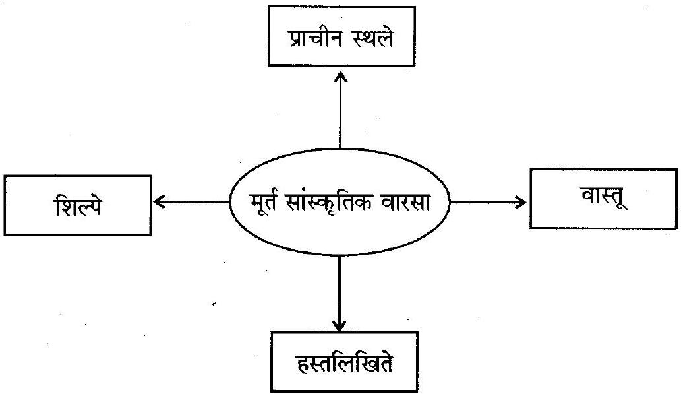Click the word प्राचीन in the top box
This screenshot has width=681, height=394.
coord(313,40)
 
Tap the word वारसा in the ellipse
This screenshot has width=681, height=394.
coord(401,203)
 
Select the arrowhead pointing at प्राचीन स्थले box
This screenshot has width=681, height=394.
coord(340,77)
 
